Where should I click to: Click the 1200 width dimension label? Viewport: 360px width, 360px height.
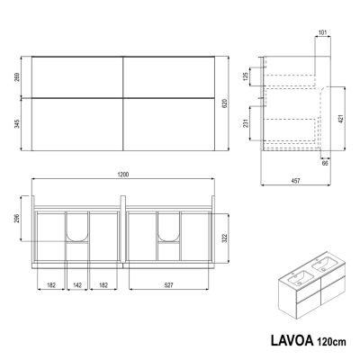pyautogui.click(x=123, y=175)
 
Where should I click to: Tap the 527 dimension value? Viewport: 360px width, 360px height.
pyautogui.click(x=169, y=285)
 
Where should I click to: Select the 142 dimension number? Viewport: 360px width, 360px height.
pyautogui.click(x=77, y=285)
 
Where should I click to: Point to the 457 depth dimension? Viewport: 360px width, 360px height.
pyautogui.click(x=295, y=180)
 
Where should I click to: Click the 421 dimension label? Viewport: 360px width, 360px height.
pyautogui.click(x=342, y=119)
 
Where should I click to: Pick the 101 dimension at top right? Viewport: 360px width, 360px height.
pyautogui.click(x=322, y=32)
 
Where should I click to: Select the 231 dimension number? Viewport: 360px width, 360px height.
pyautogui.click(x=246, y=123)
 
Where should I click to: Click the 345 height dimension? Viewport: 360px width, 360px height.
pyautogui.click(x=17, y=123)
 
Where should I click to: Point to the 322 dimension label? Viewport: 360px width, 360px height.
pyautogui.click(x=225, y=238)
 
